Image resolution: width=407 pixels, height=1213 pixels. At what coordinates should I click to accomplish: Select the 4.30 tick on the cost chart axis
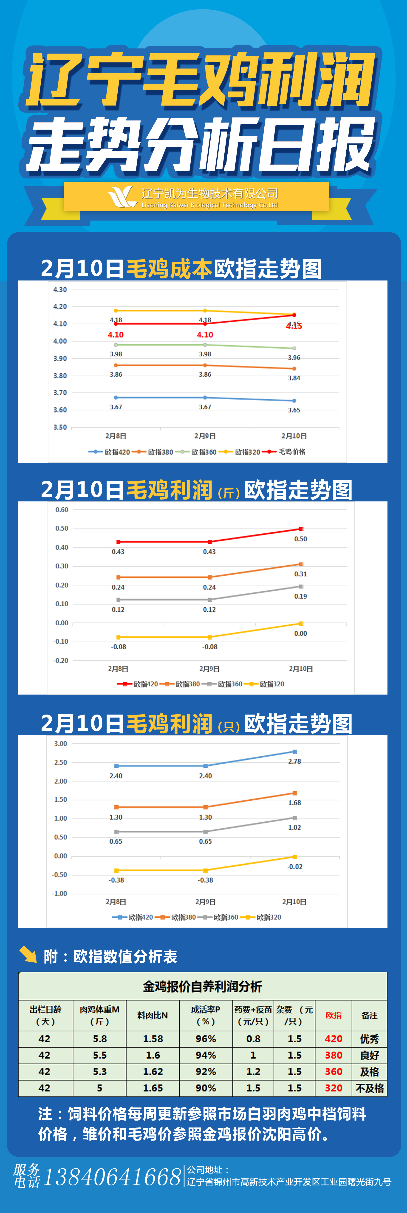coord(60,290)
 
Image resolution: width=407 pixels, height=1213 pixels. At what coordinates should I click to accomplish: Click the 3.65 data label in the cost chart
coord(294,410)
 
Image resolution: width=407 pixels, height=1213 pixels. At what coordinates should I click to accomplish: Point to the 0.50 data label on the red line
coord(301,539)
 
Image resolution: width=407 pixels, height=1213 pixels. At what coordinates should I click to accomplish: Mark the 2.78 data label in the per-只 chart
coord(294,761)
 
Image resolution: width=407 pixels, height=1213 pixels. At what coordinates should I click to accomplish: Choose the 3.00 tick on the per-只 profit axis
coord(61,744)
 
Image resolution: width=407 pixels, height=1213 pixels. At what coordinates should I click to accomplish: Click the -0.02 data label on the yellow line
coord(295,867)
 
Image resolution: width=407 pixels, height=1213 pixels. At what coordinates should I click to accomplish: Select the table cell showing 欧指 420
coord(334,1039)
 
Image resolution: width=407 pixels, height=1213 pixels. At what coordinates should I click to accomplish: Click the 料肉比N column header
coord(153,1016)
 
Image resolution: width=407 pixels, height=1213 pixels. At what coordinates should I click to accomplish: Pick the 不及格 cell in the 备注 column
coord(370,1088)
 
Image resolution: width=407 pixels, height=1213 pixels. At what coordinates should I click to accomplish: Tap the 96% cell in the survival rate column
coord(206,1039)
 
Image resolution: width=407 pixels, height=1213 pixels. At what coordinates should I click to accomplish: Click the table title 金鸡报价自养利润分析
coord(202,987)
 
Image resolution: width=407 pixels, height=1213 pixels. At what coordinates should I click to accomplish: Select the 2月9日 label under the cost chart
coord(205,436)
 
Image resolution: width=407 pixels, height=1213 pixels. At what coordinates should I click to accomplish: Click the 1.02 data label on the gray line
coord(294,827)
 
